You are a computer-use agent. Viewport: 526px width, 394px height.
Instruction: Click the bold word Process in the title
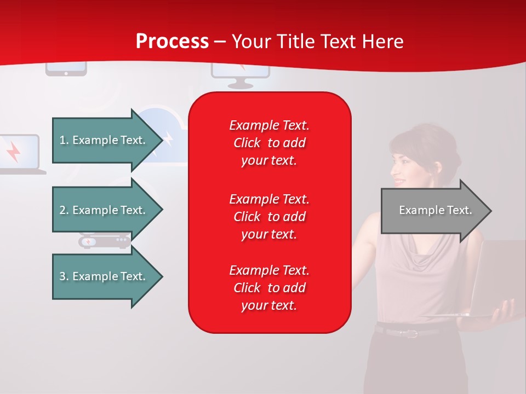click(x=173, y=42)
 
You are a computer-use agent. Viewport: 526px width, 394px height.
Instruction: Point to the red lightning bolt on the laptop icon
click(x=13, y=152)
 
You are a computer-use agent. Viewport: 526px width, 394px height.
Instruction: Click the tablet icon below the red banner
click(x=66, y=69)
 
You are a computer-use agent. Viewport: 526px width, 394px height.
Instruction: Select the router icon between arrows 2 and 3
click(x=104, y=241)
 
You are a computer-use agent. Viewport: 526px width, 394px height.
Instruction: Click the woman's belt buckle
click(x=411, y=333)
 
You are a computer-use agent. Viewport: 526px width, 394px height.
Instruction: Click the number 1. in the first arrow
click(x=64, y=140)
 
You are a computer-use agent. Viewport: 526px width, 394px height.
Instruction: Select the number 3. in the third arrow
click(x=64, y=276)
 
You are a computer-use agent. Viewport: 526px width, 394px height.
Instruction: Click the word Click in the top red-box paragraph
click(x=247, y=143)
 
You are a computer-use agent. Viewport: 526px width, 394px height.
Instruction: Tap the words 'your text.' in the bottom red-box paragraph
click(x=269, y=305)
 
